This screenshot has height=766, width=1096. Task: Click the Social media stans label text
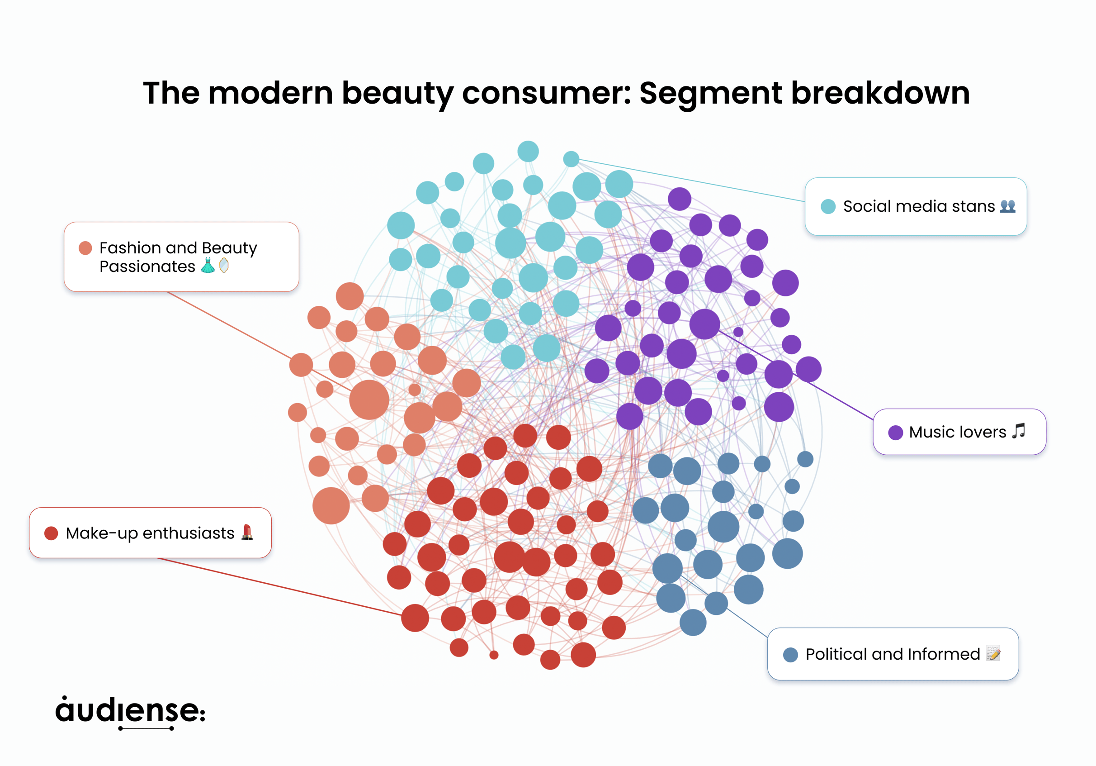918,206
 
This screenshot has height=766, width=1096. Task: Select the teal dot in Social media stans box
828,206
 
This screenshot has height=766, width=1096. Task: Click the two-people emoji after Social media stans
1008,206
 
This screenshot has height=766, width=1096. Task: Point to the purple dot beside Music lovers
896,433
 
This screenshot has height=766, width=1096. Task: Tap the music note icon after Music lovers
1018,431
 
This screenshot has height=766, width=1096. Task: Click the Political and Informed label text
893,654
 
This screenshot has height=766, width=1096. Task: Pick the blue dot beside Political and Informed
790,655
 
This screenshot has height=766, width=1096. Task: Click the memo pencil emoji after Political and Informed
993,653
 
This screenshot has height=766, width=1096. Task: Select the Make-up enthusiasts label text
150,533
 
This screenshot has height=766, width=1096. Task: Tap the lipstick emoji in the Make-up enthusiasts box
247,532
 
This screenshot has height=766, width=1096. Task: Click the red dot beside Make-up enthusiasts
51,533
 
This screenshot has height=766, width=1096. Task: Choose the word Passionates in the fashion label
147,266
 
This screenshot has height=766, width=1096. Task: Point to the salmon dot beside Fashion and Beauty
85,248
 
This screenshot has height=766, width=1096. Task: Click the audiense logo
130,712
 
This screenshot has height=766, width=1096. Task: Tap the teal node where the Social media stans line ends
571,159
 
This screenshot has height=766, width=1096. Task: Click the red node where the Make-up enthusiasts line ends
415,618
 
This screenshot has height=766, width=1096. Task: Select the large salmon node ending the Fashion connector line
369,400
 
